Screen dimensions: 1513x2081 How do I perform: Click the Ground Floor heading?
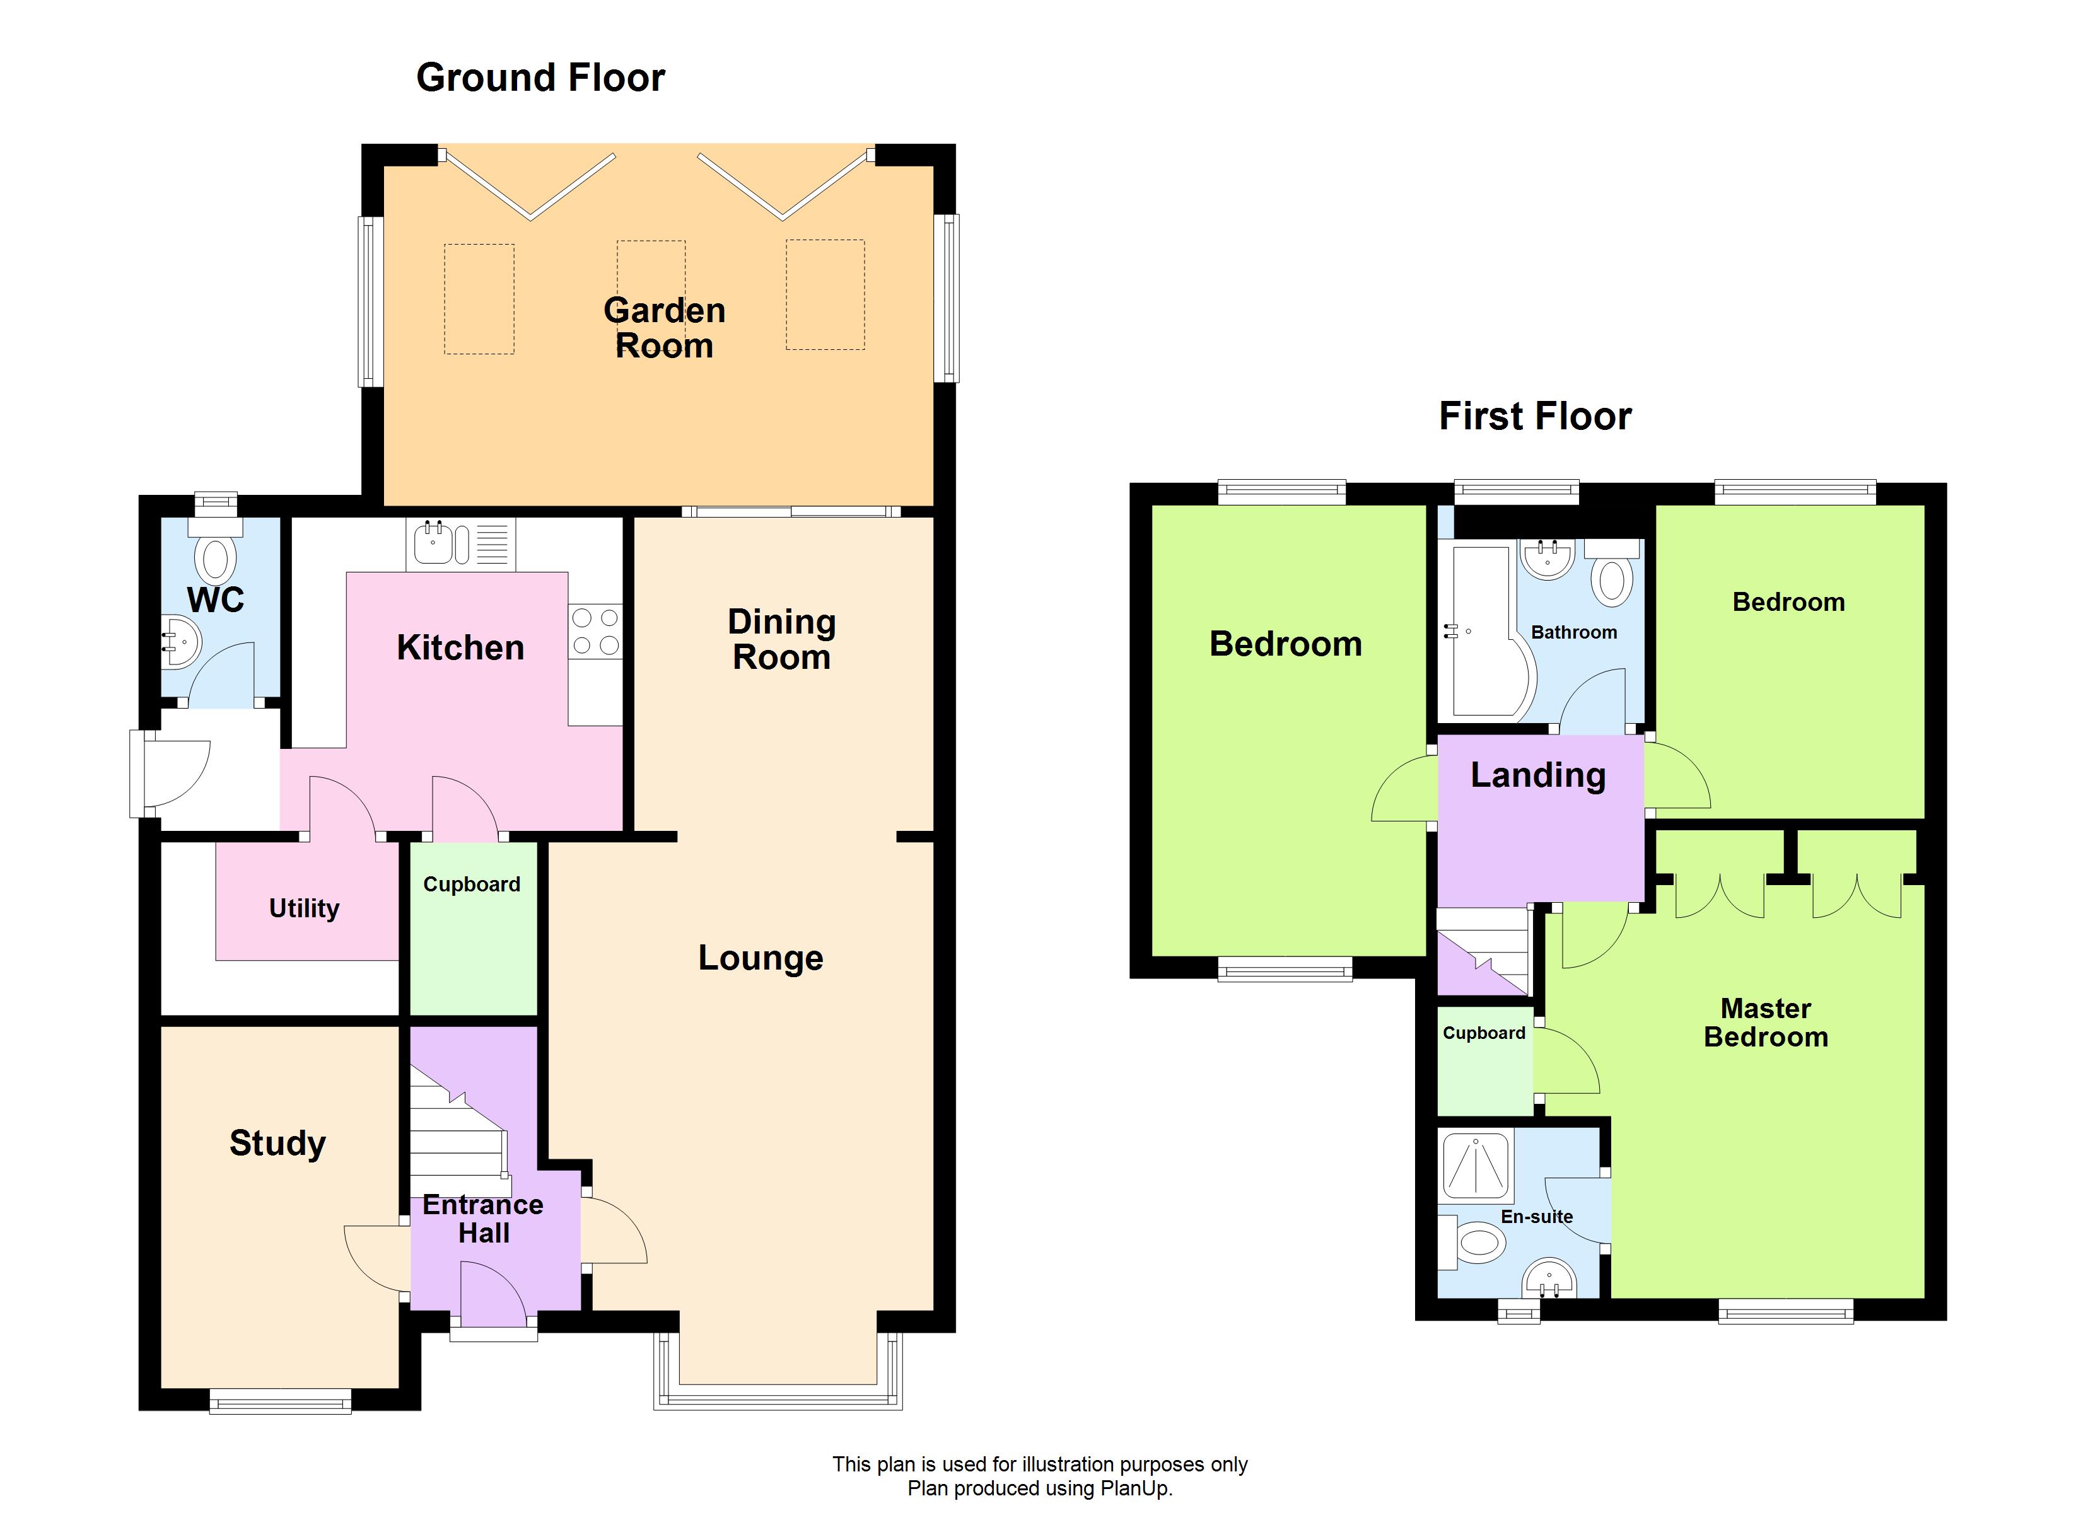(540, 78)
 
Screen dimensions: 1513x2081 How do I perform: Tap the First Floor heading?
(1535, 417)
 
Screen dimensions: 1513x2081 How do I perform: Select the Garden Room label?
(664, 328)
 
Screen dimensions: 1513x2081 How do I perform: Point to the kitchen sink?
(433, 543)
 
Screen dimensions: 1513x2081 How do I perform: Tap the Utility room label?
(304, 908)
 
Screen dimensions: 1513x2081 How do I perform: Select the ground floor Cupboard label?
(472, 884)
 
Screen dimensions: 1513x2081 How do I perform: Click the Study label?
(277, 1143)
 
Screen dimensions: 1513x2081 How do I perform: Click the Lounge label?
(761, 958)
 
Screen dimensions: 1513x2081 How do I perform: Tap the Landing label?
(1538, 775)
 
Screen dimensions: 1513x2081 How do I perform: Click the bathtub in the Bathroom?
(1479, 633)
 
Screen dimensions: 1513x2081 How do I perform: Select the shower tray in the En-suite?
(1476, 1167)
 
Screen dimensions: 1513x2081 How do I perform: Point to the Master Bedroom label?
(1765, 1023)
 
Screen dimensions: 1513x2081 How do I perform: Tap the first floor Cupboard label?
(1484, 1033)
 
